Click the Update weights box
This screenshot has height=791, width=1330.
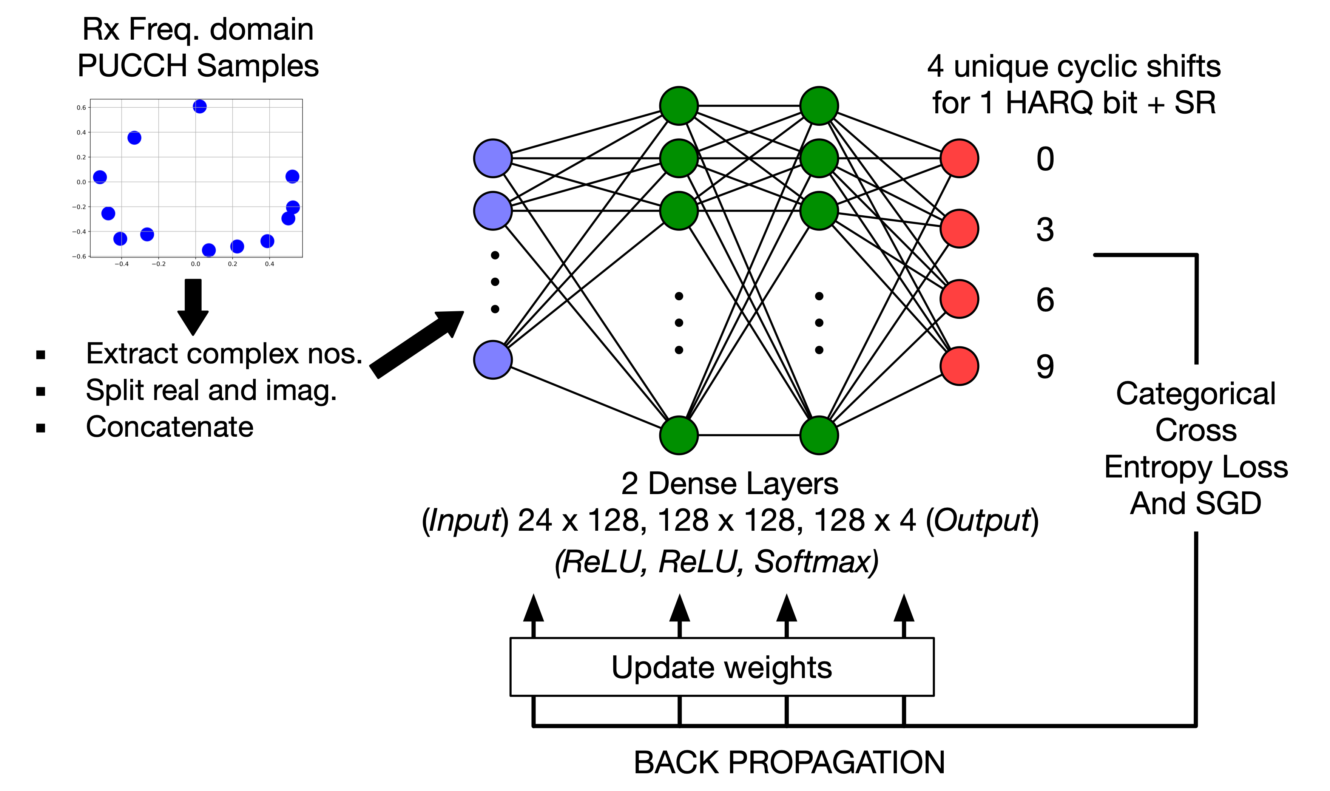pos(722,666)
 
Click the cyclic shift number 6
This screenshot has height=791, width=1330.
pos(1045,300)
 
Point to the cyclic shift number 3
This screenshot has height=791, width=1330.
pos(1045,230)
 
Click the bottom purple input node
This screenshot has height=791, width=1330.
pos(492,360)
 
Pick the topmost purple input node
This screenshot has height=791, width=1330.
pos(492,158)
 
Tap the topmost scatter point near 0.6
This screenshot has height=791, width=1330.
pos(199,107)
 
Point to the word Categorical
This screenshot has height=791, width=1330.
pos(1195,394)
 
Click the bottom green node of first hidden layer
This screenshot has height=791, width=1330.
pos(678,435)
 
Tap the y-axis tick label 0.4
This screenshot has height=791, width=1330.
pos(81,132)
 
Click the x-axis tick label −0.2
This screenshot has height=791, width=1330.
pos(158,264)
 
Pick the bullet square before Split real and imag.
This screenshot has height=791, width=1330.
pos(40,391)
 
